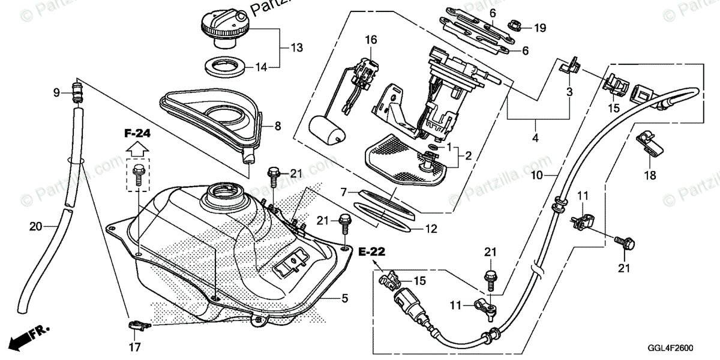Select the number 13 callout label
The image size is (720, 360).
(x=297, y=47)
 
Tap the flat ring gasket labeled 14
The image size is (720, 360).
(x=225, y=67)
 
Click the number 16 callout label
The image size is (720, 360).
(x=371, y=40)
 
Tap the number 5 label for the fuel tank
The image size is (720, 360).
(x=345, y=297)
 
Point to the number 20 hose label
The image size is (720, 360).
(x=35, y=226)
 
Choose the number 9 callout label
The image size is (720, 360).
(x=56, y=92)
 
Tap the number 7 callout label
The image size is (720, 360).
(x=343, y=192)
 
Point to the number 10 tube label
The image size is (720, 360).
(x=536, y=175)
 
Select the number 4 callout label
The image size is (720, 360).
(x=535, y=137)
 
